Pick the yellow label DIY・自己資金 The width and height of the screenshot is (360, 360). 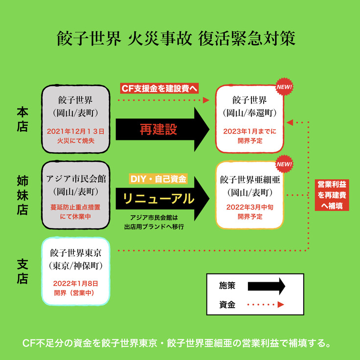157,180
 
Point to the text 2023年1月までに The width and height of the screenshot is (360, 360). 250,131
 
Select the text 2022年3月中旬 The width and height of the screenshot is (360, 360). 250,207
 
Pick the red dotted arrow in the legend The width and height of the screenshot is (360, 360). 266,305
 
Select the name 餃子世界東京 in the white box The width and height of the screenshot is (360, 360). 75,253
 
